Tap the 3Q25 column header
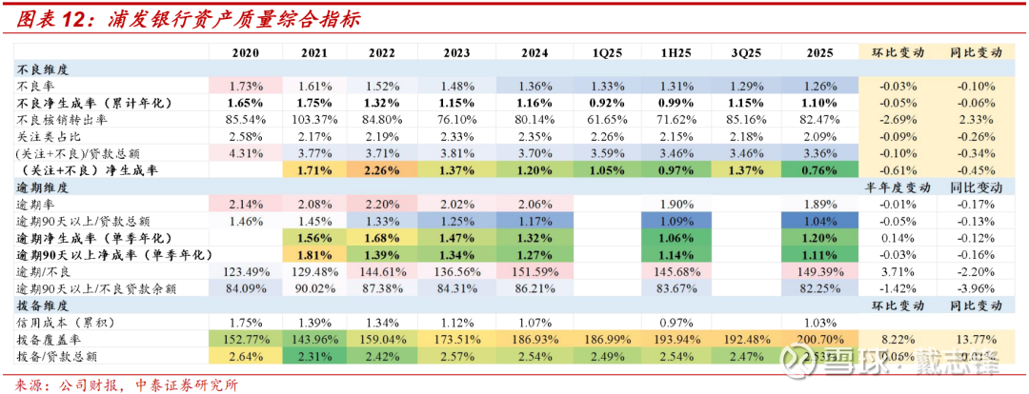pyautogui.click(x=744, y=53)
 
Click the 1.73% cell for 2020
pyautogui.click(x=246, y=86)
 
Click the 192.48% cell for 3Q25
pyautogui.click(x=744, y=340)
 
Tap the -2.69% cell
pyautogui.click(x=894, y=120)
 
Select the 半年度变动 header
pyautogui.click(x=894, y=187)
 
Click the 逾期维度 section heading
pyautogui.click(x=40, y=187)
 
